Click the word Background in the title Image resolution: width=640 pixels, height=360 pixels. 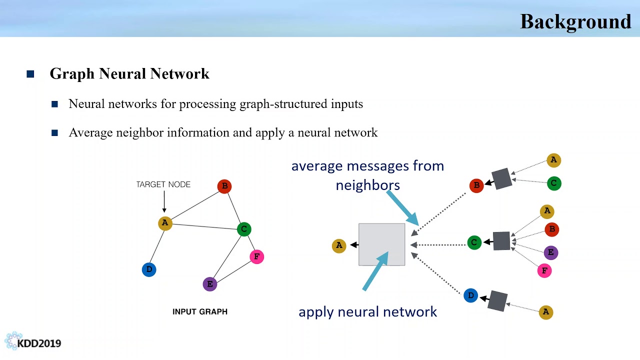(x=575, y=21)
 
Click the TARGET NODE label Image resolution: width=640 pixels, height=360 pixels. (x=163, y=184)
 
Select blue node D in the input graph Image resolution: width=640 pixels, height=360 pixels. (x=149, y=269)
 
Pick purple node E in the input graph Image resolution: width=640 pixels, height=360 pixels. (x=210, y=284)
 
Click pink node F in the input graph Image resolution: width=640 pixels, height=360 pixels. (x=256, y=256)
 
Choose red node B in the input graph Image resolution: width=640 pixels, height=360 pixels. (x=224, y=186)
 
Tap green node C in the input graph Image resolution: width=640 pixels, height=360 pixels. (x=243, y=229)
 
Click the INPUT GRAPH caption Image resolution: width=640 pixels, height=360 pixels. (x=199, y=311)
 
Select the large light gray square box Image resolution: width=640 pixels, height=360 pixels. (x=381, y=244)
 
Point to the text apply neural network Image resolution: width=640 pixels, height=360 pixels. (x=367, y=312)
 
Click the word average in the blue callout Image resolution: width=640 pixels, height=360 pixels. (x=316, y=166)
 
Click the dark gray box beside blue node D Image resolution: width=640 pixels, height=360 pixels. (x=497, y=300)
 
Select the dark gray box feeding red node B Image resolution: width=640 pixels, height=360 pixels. (x=501, y=178)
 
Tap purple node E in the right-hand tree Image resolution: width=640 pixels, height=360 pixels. (x=550, y=252)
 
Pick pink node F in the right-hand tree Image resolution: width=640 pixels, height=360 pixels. (x=544, y=270)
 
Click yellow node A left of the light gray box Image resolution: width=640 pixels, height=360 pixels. (x=339, y=245)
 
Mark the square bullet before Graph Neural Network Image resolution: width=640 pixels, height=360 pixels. (x=30, y=74)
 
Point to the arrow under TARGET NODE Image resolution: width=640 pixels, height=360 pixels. (x=164, y=203)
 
